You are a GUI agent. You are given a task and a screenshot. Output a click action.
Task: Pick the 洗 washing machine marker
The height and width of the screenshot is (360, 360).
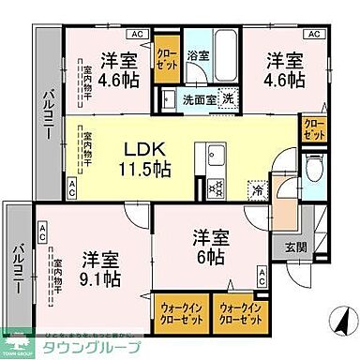pos(227,98)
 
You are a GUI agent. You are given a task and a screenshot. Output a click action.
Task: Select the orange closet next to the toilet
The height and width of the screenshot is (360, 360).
pos(312,130)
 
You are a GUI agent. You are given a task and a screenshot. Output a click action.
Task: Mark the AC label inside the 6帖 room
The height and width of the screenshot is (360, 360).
pos(262,273)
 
